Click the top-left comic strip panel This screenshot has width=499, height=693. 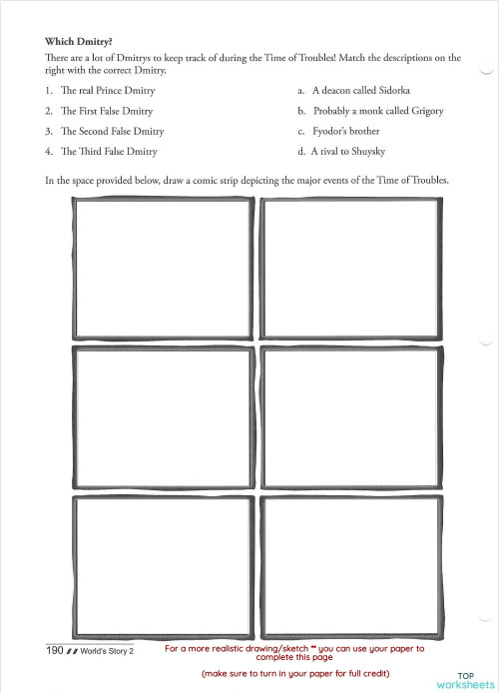(x=164, y=269)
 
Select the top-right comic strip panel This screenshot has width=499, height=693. (x=351, y=269)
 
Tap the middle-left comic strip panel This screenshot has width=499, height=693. (x=164, y=416)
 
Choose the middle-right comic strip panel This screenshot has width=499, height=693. (x=351, y=416)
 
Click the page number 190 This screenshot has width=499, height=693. (x=54, y=650)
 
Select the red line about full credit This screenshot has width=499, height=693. (x=294, y=674)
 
